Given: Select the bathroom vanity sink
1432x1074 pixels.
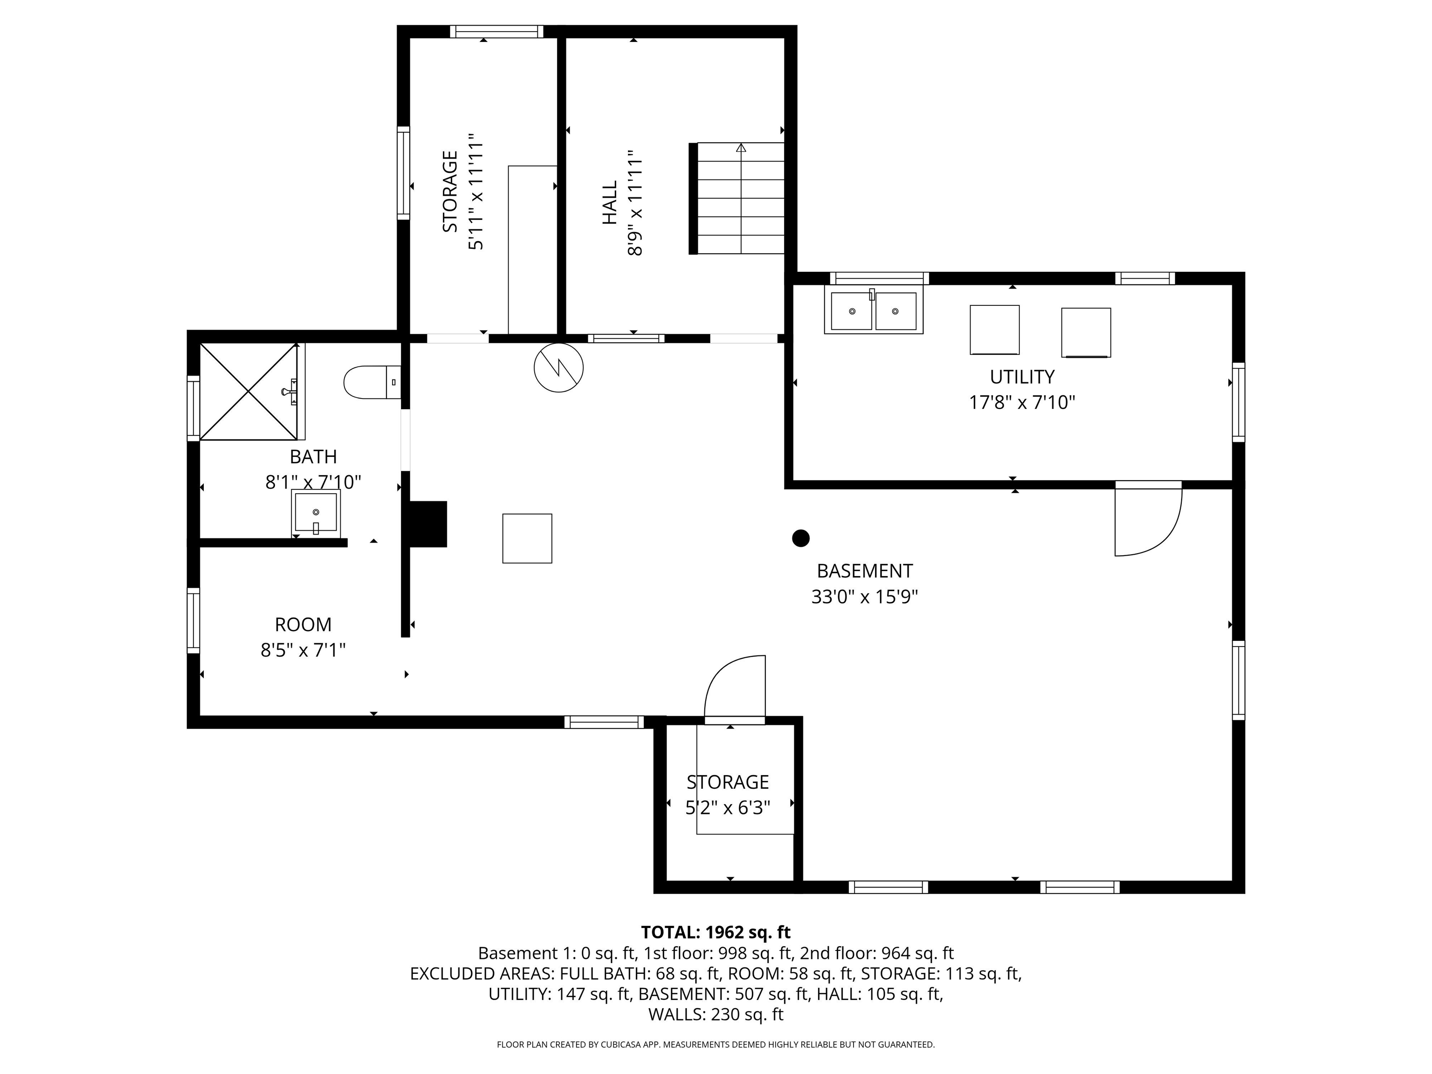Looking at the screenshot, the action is pos(316,513).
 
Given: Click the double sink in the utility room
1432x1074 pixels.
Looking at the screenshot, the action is pos(873,310).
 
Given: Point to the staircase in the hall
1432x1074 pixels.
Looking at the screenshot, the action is pos(737,198).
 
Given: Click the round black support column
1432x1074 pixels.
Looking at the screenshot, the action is pos(801,538).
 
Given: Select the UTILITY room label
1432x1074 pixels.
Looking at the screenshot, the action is pos(1022,376).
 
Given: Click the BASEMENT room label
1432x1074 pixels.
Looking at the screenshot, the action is pos(865,571).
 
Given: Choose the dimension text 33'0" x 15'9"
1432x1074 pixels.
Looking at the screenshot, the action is pos(865,596).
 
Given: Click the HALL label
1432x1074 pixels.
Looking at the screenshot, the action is pos(610,203).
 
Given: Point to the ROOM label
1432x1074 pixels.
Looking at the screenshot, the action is pos(303,624).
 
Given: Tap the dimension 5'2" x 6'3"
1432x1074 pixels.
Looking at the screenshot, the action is pos(728,808).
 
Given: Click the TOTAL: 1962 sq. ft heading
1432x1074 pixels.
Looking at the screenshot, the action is pos(716,932).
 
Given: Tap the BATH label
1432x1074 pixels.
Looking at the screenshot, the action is pos(313,456).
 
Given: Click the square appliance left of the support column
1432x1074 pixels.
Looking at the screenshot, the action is pos(527,538).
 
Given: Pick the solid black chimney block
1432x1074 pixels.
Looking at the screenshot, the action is pos(428,524).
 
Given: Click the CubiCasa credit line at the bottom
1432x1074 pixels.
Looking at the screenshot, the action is pos(716,1044).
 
